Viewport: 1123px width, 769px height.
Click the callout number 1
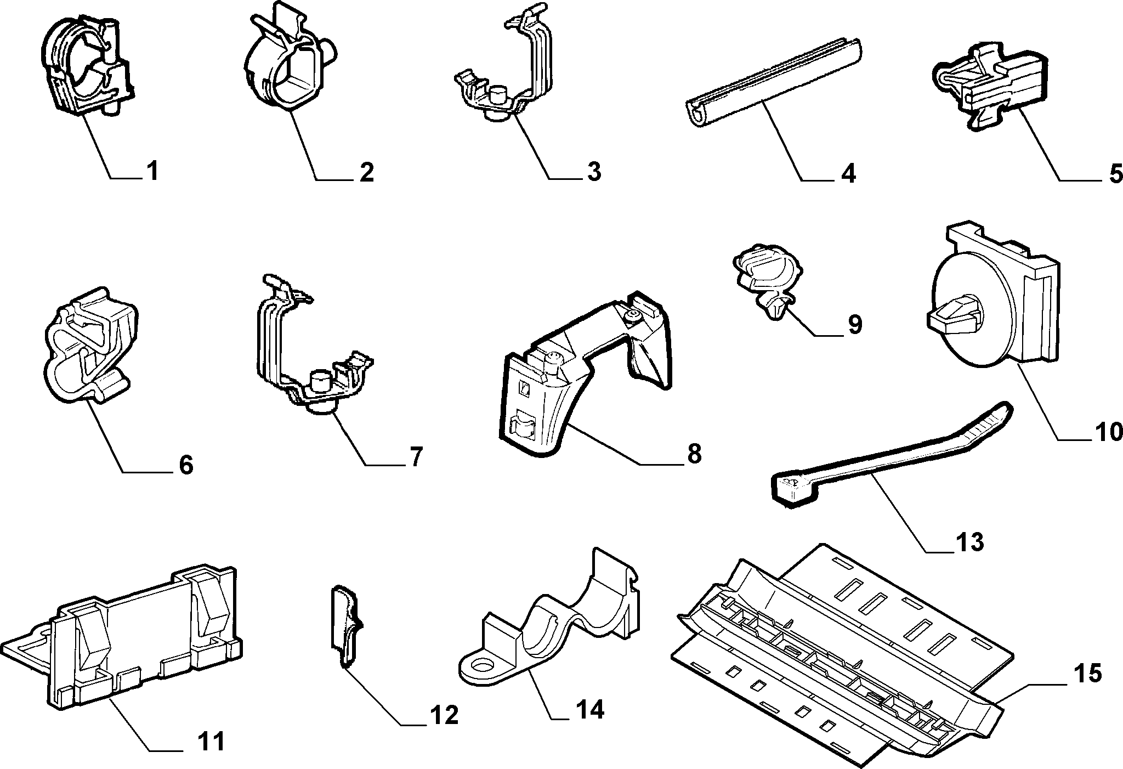point(152,172)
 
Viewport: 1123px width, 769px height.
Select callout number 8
point(694,454)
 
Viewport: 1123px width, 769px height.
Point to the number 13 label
point(969,542)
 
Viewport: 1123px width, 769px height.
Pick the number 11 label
point(211,742)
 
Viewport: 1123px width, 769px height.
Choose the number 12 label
point(443,715)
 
